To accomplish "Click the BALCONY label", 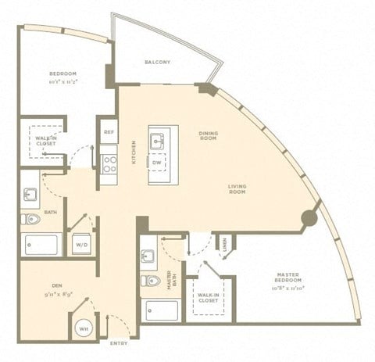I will click(x=158, y=62).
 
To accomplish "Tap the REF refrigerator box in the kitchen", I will click(x=109, y=131).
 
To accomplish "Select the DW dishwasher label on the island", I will click(x=158, y=163).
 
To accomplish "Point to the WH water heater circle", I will click(x=84, y=329).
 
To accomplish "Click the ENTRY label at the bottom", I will click(x=120, y=342).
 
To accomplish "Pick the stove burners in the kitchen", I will click(x=109, y=164).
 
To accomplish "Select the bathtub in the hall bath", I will click(x=41, y=245).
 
